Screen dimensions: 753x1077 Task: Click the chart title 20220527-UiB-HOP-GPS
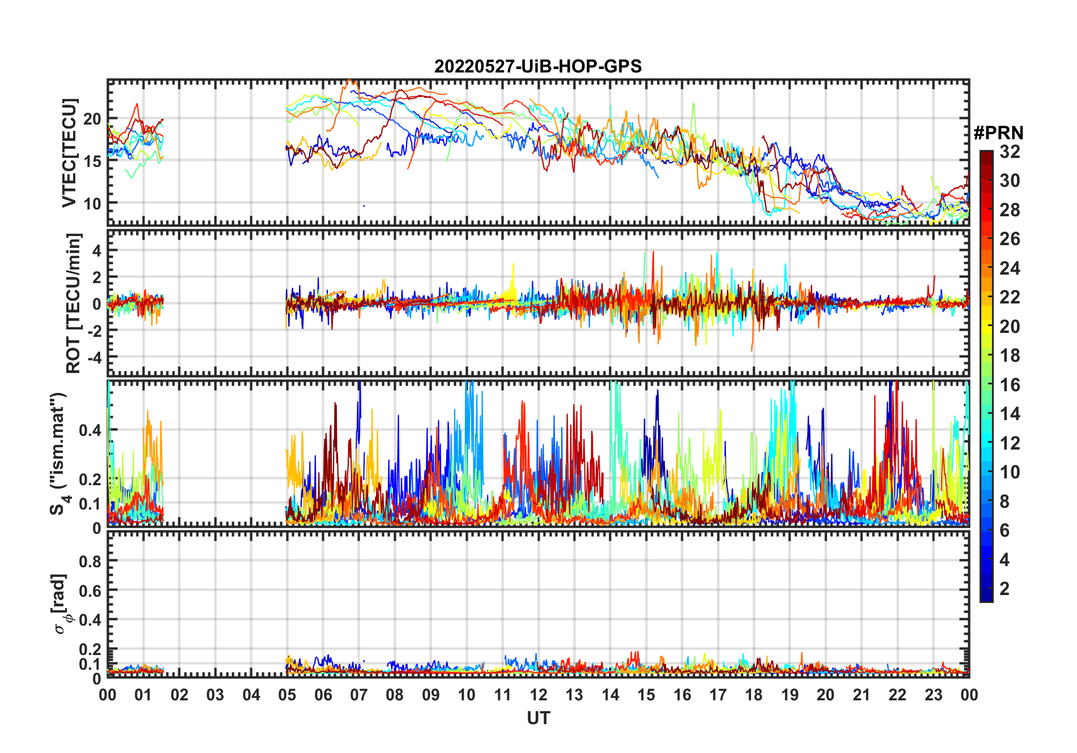click(538, 66)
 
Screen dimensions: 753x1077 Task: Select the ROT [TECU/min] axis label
click(74, 303)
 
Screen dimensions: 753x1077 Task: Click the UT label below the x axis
click(538, 718)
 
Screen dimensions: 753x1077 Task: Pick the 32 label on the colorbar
click(1010, 152)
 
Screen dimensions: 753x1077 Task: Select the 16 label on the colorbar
click(1010, 385)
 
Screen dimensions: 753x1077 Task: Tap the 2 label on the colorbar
click(1005, 589)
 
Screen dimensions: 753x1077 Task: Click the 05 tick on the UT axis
click(287, 695)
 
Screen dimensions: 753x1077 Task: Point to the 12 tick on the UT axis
click(538, 695)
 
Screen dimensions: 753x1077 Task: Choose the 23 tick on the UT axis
click(933, 695)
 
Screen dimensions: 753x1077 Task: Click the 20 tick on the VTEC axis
click(92, 119)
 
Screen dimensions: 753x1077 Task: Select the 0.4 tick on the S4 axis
click(90, 430)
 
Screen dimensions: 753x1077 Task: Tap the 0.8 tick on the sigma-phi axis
click(90, 562)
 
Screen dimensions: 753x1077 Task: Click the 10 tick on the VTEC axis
click(92, 203)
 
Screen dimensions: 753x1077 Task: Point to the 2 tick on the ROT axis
click(97, 277)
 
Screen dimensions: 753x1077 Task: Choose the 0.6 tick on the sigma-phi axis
click(90, 591)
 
